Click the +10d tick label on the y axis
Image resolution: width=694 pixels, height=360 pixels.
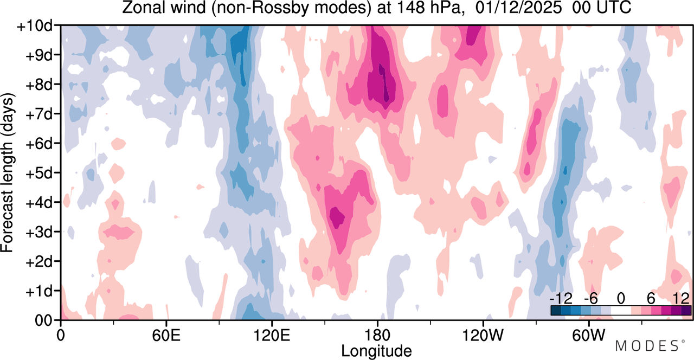coord(35,26)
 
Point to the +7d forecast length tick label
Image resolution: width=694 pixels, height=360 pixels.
coord(39,114)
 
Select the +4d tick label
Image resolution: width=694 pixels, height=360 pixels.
coord(39,203)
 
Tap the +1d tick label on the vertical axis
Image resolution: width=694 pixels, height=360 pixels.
coord(39,292)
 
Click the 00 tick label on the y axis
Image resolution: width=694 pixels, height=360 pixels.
coord(43,321)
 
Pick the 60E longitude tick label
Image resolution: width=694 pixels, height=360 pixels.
coord(166,336)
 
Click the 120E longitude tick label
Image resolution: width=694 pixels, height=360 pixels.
coord(272,336)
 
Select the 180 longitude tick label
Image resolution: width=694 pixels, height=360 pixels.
coord(377,336)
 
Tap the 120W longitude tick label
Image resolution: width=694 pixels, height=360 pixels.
coord(483,336)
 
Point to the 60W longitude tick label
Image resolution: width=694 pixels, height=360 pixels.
coord(589,336)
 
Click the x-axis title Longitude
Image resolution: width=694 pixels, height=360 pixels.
coord(376,351)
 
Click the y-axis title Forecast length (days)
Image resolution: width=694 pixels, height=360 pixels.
coord(7,173)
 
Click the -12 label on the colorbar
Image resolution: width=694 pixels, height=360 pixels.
coord(561,299)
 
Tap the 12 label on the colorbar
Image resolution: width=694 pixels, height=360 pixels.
coord(681,299)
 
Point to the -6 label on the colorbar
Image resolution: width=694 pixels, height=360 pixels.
coord(590,299)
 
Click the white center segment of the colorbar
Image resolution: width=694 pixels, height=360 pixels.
coord(621,311)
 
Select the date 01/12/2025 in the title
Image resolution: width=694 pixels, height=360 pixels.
coord(519,8)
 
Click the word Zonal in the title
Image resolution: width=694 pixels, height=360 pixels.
coord(143,8)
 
